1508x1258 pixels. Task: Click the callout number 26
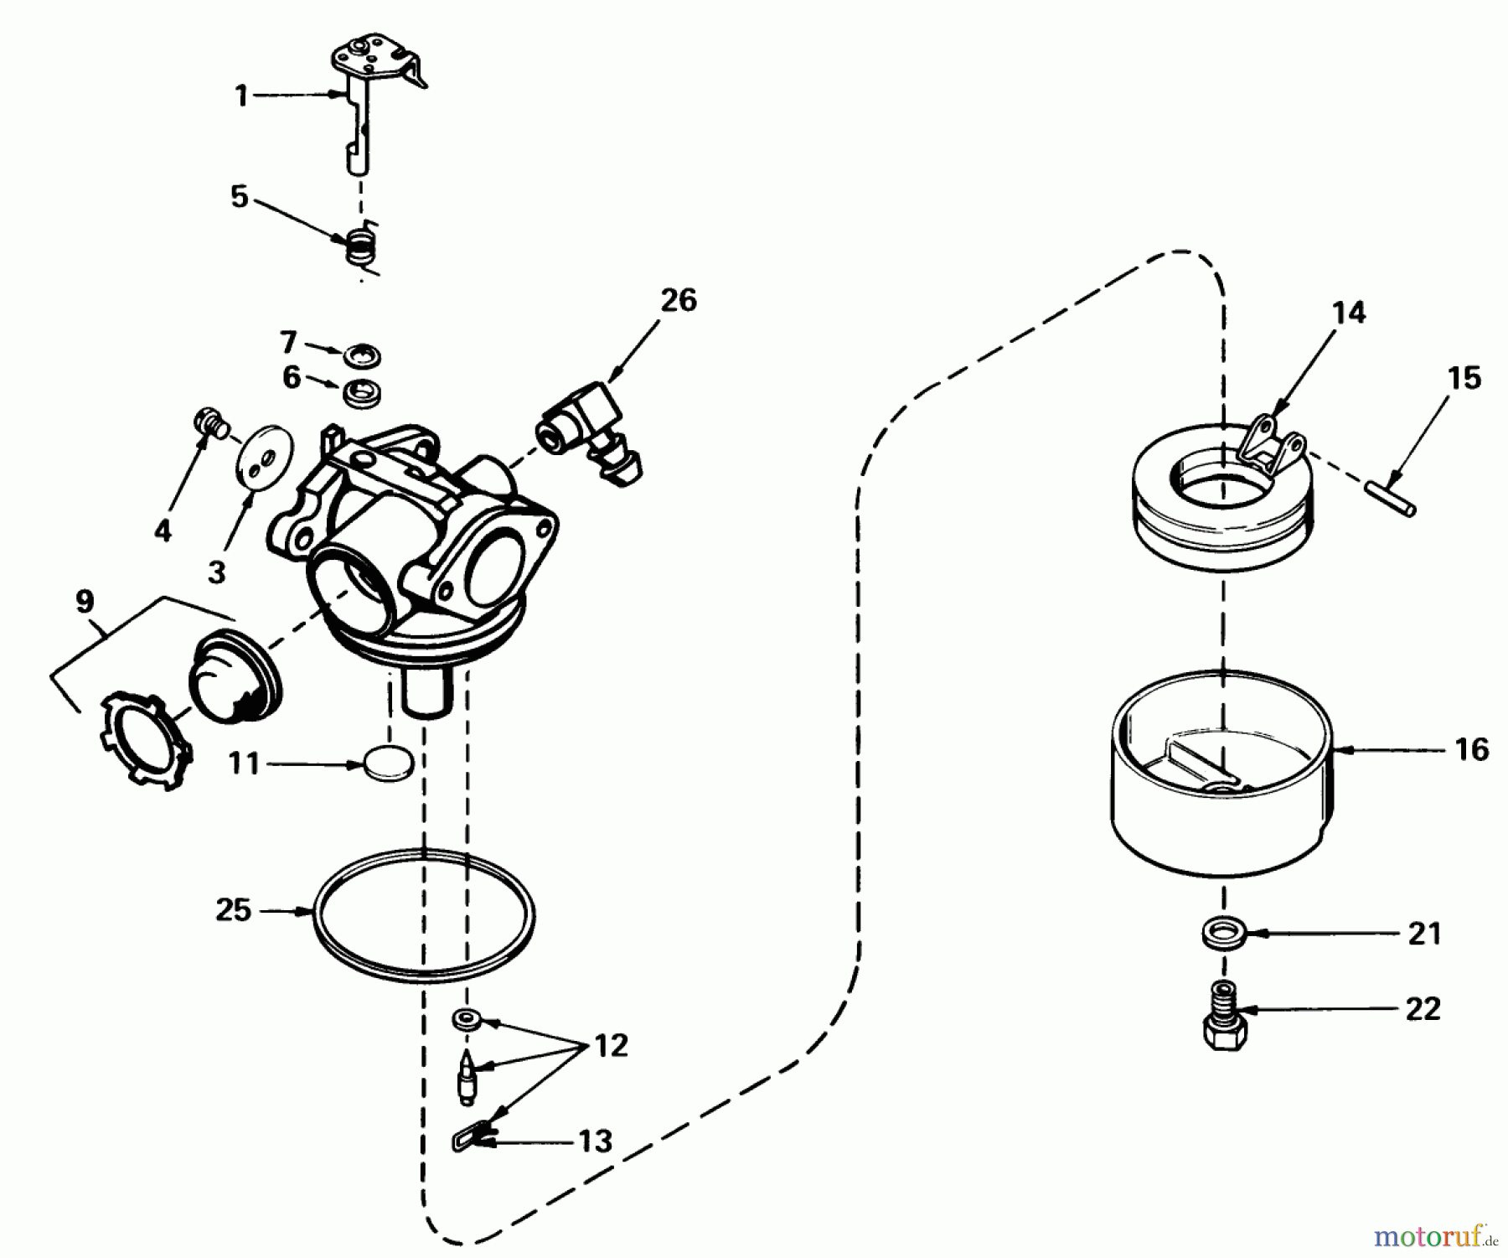[679, 300]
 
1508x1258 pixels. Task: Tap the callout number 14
[1349, 313]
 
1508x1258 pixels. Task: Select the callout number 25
[233, 909]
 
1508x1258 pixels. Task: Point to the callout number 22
[1423, 1009]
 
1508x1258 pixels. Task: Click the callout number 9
[85, 602]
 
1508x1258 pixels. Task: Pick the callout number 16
[1472, 748]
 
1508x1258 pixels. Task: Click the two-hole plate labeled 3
[266, 458]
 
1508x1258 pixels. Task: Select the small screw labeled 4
[209, 419]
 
